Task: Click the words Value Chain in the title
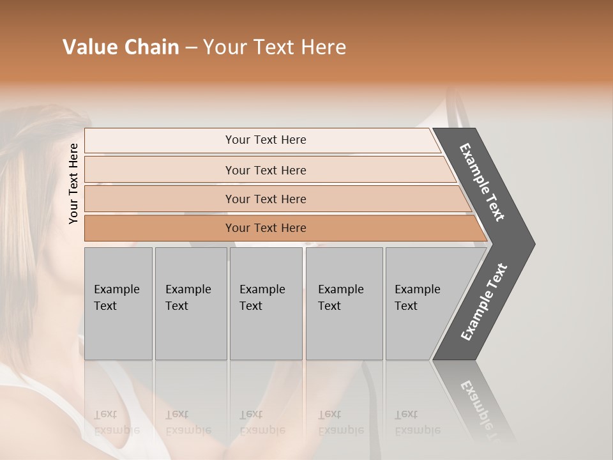121,47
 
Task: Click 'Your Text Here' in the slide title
275,47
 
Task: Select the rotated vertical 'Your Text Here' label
73,183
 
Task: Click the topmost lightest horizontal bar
265,140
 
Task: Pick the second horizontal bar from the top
265,170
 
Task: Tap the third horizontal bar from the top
265,199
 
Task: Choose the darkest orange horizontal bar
265,228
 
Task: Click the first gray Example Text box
118,303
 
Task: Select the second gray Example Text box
190,303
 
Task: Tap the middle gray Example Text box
266,303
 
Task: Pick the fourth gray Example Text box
344,303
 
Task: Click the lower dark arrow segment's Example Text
483,302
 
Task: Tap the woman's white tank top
38,409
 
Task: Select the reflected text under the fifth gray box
416,422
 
